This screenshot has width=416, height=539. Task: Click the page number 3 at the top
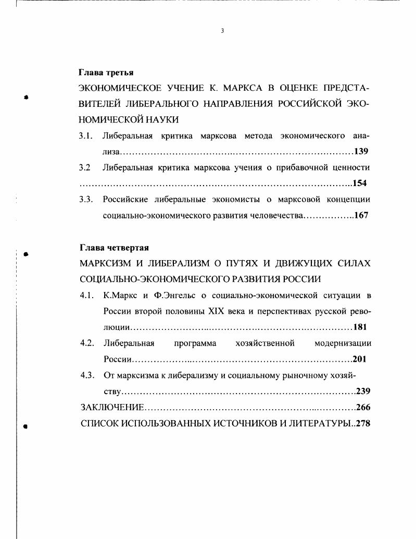pos(222,31)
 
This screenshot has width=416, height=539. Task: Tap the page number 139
pos(361,152)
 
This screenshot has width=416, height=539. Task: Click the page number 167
pos(361,215)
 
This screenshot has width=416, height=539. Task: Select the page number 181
pos(360,328)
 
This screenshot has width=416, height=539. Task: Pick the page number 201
pos(360,360)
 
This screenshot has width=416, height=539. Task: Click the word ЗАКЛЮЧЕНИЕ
pos(111,407)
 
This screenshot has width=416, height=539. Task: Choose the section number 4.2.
pos(86,344)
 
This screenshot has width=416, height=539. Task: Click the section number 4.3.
pos(86,375)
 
